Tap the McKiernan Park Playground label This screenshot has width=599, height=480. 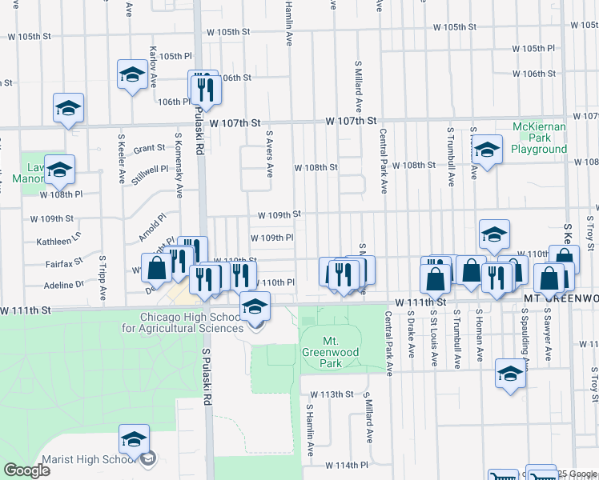click(x=539, y=138)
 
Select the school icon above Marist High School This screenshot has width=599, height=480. click(x=134, y=438)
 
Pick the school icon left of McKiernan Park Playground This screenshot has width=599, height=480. click(x=486, y=149)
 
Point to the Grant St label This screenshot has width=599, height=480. click(x=149, y=149)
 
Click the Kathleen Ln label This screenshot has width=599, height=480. click(x=58, y=241)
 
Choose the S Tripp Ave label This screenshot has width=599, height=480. click(x=103, y=278)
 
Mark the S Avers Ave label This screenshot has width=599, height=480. click(x=270, y=154)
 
